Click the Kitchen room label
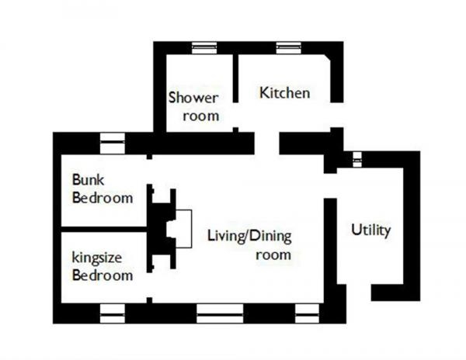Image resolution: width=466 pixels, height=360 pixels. point(285,92)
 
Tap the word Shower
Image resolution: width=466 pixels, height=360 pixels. point(193,97)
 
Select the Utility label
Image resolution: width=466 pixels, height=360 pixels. point(371,230)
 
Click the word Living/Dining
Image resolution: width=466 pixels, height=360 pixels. point(249,236)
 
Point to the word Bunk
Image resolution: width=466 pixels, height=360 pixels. point(88,179)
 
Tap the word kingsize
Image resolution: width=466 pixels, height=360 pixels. point(97,258)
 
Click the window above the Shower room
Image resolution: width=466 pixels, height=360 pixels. point(204,48)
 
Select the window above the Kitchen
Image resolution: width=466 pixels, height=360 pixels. point(288,48)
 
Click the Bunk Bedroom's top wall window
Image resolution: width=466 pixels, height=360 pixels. point(113,144)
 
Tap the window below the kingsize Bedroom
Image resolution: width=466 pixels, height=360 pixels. point(113,313)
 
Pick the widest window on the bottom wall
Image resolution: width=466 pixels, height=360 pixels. point(220,313)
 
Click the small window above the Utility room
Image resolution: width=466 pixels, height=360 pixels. point(357,160)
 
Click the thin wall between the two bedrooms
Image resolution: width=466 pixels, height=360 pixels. point(104,229)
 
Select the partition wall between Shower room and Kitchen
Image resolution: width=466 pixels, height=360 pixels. point(235,78)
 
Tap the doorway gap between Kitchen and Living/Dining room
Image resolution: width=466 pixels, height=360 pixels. point(266,144)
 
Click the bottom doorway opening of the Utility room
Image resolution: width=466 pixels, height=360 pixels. point(359,292)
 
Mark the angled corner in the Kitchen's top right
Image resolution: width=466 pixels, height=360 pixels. point(327,58)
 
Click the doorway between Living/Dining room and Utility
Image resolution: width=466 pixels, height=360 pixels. point(330,185)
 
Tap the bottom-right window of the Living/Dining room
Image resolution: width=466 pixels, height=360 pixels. point(307,313)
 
